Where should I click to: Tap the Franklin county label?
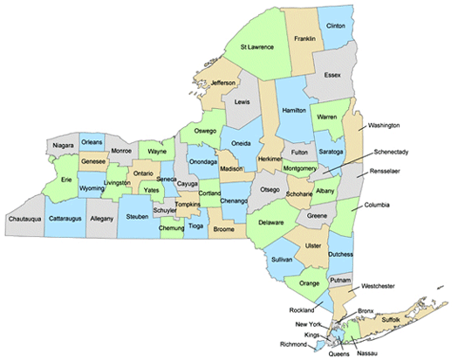(304, 39)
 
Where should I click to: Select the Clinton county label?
(335, 26)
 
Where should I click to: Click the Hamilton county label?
(294, 111)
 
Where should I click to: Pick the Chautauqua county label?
(27, 233)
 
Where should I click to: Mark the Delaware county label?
(273, 222)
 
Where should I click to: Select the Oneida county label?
(240, 145)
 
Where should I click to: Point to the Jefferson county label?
(223, 83)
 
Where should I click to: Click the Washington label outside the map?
(390, 126)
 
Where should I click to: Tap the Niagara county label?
(63, 145)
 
